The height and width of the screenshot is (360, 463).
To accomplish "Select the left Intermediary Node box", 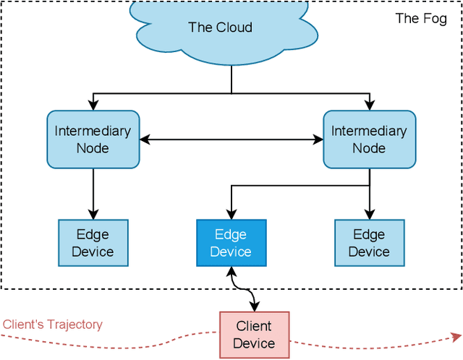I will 93,140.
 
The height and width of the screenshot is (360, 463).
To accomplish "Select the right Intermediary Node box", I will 369,140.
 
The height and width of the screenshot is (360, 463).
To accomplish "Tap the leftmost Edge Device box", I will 93,243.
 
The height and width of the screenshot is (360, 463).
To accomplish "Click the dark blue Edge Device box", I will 231,243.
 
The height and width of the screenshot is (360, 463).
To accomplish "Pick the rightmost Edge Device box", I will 369,243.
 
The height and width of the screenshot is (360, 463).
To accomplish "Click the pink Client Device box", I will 254,334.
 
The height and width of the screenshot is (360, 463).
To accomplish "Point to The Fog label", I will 420,19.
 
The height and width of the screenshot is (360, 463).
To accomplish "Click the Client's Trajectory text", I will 52,325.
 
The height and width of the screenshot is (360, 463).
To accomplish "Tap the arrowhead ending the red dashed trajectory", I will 456,336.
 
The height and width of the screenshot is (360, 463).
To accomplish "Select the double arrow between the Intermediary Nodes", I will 231,140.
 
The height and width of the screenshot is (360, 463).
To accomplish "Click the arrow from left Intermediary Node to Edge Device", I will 93,194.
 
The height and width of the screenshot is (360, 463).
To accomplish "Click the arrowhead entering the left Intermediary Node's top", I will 93,106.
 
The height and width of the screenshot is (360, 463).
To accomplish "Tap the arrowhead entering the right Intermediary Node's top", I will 369,106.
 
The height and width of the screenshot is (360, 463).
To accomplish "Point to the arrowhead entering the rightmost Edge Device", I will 369,215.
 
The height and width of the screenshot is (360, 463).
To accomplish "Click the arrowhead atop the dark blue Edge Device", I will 231,215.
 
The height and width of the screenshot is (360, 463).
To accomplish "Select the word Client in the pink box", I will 254,326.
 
